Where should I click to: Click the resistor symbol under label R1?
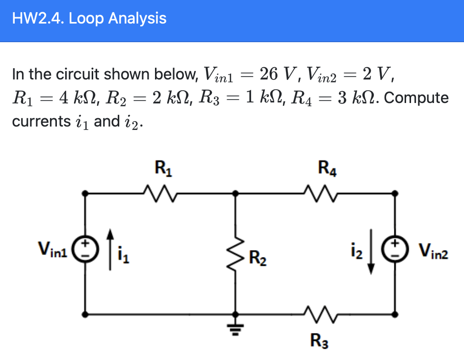point(160,193)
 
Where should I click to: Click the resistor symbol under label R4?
point(318,193)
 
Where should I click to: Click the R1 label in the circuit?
point(160,170)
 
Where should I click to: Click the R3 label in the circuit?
point(319,339)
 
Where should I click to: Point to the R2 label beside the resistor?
point(258,257)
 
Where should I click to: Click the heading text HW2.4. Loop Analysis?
point(89,19)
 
